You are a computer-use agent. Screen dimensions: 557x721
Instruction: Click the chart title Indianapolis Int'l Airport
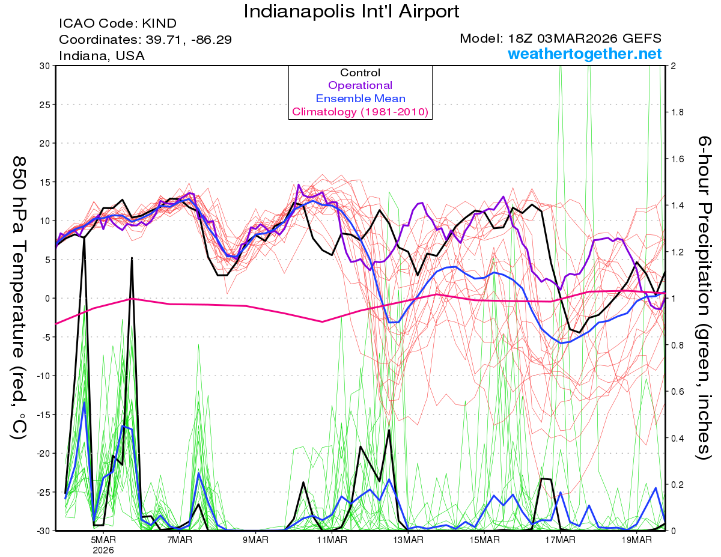pos(351,11)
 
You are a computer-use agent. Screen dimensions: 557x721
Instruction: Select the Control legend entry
pos(360,73)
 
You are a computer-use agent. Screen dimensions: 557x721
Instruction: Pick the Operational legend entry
pos(360,85)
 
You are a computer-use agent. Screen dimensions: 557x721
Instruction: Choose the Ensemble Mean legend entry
pos(360,99)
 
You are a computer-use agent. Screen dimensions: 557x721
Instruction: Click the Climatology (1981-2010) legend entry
pos(360,112)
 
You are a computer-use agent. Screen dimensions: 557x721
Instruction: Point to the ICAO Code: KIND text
pos(118,23)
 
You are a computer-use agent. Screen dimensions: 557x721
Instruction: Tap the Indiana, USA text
pos(102,55)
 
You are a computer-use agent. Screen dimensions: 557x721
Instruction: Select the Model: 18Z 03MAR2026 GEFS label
pos(561,38)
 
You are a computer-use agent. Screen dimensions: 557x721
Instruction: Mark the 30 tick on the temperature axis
pos(44,65)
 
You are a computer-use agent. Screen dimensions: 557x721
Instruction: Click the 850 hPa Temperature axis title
pos(19,297)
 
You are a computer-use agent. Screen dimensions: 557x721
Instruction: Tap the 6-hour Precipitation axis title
pos(704,297)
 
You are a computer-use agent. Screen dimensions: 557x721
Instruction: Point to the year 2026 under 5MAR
pos(103,549)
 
